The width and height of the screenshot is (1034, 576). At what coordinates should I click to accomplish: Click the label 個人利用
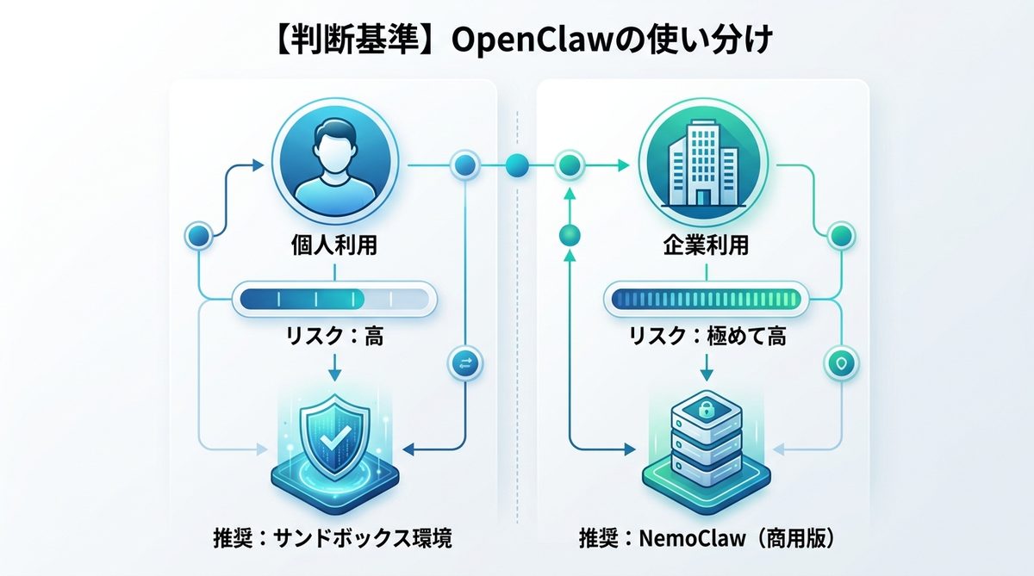click(x=334, y=247)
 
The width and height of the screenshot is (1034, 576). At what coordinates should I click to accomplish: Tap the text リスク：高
click(x=334, y=337)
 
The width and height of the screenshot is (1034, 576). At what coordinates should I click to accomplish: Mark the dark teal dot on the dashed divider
click(x=518, y=163)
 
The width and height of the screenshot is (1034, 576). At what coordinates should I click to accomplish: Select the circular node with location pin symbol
click(x=839, y=364)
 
